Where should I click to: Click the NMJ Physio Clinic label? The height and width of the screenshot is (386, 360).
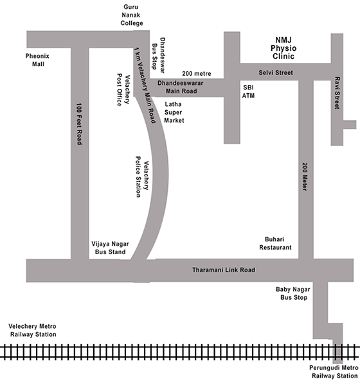point(283,48)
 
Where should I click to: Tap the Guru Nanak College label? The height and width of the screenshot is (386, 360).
point(131,15)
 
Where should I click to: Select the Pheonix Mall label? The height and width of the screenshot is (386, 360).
point(37,60)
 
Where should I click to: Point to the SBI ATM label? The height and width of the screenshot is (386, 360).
point(248,91)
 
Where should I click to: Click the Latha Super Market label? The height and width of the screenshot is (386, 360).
point(174,112)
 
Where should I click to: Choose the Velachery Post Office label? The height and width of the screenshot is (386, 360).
point(123,89)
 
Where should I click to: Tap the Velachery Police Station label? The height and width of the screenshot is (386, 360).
point(142,176)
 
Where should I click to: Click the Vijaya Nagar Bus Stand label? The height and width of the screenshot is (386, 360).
point(110,248)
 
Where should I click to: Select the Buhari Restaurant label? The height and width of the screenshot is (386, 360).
point(275,243)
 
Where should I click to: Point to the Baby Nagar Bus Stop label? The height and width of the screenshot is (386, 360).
point(293,293)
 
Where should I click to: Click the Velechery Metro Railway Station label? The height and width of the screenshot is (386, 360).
point(33,331)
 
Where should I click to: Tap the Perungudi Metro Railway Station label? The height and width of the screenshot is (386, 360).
point(334,372)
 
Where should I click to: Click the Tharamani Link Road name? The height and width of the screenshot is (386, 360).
point(224,270)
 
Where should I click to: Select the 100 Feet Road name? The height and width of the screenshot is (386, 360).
point(79,124)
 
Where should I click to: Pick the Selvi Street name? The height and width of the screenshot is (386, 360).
point(276,73)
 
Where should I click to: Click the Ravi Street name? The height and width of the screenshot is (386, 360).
point(337,93)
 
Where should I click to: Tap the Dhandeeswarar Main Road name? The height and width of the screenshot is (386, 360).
point(181,87)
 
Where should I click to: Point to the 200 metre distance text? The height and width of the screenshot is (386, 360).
point(197,73)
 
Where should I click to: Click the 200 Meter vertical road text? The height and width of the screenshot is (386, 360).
point(305,176)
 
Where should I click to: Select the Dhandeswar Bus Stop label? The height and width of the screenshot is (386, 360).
point(158,55)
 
